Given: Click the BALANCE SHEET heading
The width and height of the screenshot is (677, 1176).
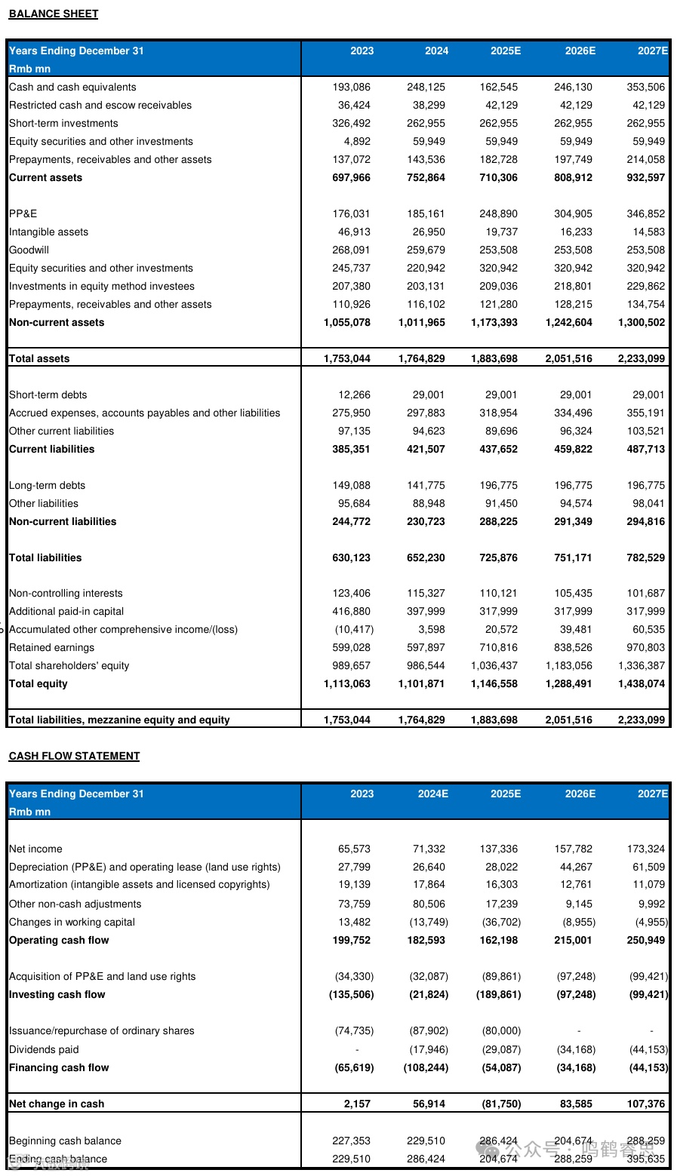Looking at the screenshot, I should [54, 14].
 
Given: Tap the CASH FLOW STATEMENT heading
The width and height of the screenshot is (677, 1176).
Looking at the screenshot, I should [74, 756].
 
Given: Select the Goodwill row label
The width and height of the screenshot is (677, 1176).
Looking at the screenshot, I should [29, 250].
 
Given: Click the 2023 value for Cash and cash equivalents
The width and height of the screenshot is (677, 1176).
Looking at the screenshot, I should [352, 87].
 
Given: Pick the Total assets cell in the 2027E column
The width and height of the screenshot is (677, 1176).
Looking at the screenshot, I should [642, 358].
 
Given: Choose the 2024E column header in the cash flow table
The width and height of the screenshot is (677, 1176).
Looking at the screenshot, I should [432, 794].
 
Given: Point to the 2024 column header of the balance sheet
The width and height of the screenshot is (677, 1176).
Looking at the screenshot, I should [436, 51].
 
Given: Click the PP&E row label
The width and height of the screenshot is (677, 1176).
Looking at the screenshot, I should [23, 213].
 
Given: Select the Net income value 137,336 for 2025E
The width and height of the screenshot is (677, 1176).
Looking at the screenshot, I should [499, 849].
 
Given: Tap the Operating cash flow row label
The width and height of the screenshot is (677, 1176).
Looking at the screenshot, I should [59, 940].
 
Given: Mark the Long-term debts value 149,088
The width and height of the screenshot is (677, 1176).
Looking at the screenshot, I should [352, 485].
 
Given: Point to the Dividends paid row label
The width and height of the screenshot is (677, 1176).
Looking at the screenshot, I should [44, 1049].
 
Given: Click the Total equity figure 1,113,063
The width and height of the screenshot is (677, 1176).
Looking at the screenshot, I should [347, 683].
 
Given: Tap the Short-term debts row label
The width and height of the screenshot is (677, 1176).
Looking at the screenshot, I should [48, 395].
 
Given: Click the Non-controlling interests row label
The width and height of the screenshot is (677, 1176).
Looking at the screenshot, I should [66, 593].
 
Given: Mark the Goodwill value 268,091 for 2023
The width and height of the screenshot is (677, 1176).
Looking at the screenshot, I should [352, 250].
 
